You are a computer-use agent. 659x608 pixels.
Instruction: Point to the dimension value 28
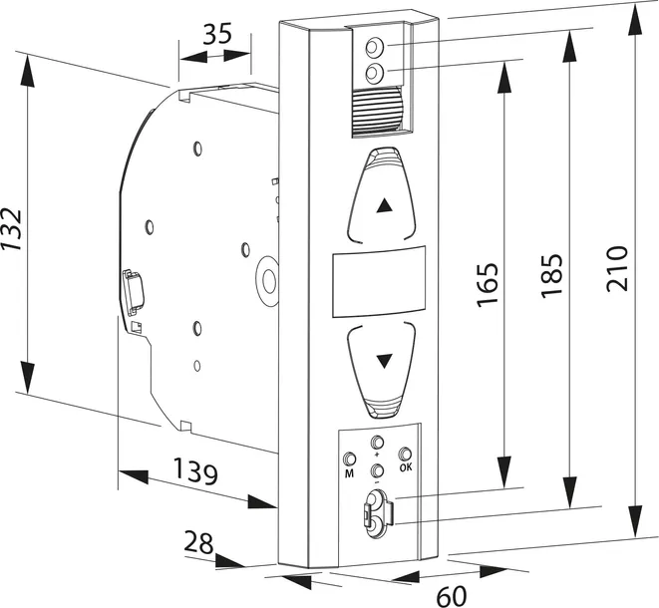[197, 543]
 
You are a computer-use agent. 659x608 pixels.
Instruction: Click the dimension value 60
[451, 595]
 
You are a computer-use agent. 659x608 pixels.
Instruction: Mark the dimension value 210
[617, 267]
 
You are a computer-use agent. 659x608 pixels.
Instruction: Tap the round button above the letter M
[349, 459]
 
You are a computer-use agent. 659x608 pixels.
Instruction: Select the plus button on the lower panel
[377, 443]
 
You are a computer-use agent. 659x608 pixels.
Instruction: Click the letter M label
[349, 474]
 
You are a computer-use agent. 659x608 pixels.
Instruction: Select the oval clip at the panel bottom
[375, 511]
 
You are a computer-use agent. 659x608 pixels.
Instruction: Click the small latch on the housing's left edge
[132, 289]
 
